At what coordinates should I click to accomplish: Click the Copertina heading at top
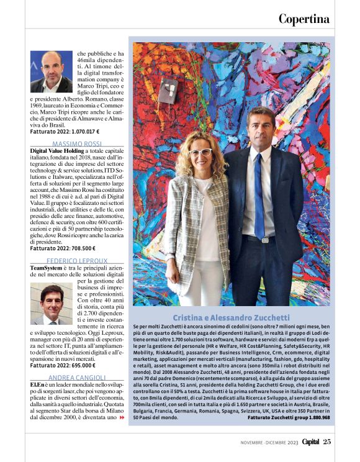[x=304, y=19]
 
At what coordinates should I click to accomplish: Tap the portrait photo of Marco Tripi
[x=52, y=71]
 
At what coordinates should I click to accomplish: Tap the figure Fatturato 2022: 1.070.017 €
[x=65, y=132]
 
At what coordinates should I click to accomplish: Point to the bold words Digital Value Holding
[x=58, y=151]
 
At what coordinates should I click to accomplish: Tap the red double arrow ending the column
[x=122, y=418]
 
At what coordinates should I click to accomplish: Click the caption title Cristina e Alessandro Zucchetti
[x=231, y=317]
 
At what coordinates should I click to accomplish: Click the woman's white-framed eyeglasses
[x=200, y=152]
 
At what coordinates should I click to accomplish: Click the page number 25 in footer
[x=326, y=442]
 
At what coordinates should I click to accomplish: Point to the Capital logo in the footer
[x=307, y=442]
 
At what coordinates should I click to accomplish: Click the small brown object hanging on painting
[x=168, y=92]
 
